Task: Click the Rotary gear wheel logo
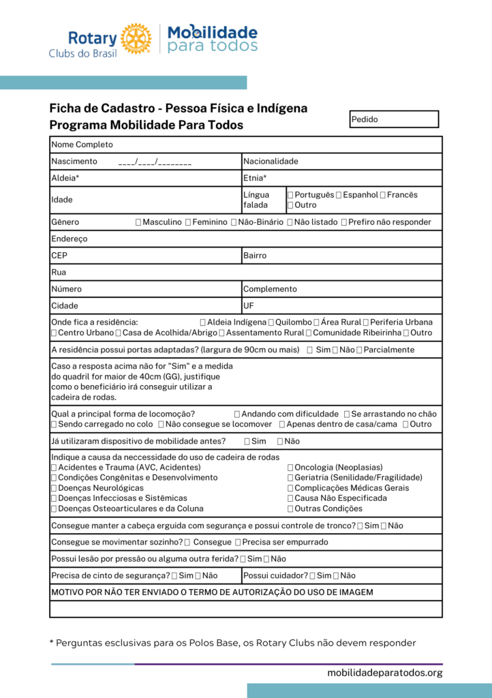[136, 38]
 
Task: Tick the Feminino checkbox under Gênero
[188, 222]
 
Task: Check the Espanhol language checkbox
[339, 195]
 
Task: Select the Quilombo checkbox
[271, 322]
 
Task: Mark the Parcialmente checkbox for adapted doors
[359, 350]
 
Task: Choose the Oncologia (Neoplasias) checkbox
[291, 468]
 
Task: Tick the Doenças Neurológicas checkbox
[54, 488]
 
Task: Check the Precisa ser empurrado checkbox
[238, 542]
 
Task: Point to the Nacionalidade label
[271, 162]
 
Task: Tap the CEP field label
[59, 256]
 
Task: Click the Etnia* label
[254, 178]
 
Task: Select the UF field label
[249, 305]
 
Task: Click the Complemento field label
[270, 289]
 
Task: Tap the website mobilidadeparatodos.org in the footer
[384, 673]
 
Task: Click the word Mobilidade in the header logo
[213, 32]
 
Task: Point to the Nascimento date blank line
[155, 162]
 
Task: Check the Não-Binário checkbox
[234, 222]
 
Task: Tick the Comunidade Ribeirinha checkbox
[309, 333]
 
